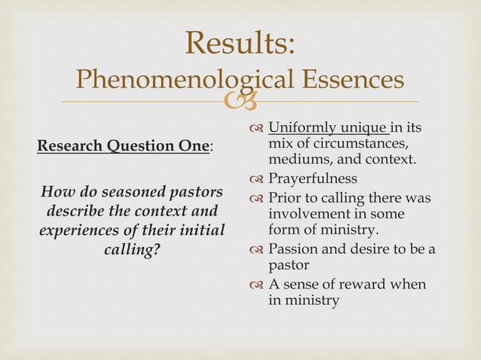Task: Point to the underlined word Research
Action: coord(68,145)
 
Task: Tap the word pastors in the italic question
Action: coord(193,191)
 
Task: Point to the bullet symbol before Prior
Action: coord(256,199)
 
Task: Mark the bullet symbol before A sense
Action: coord(256,285)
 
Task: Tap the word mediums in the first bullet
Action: coord(296,160)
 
